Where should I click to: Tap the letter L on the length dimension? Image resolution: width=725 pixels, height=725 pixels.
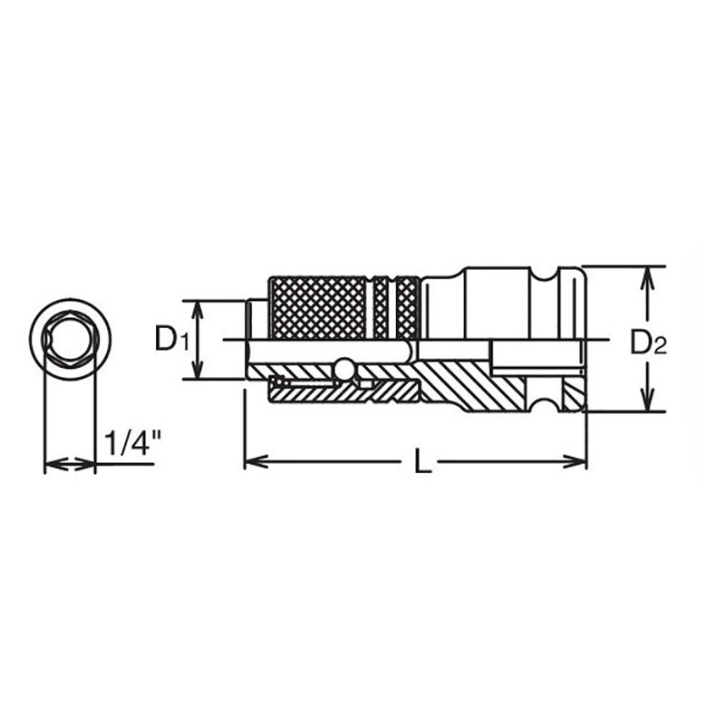pos(421,462)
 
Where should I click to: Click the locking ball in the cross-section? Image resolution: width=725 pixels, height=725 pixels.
pos(343,369)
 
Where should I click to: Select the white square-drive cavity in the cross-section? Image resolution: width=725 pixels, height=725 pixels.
pos(535,357)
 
